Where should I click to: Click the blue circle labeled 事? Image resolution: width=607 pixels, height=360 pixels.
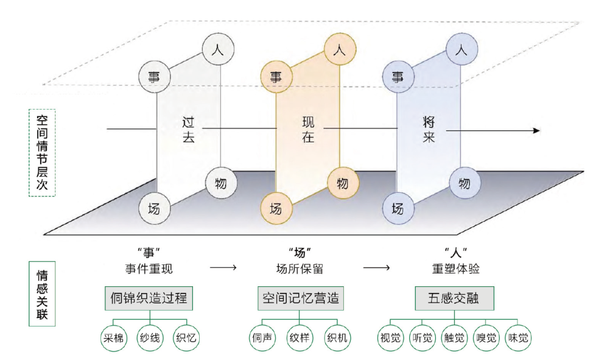click(398, 77)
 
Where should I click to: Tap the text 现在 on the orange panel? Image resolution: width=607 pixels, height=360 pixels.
click(308, 129)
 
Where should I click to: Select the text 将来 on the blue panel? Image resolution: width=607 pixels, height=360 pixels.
click(429, 129)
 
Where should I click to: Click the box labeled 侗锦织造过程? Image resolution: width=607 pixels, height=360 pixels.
click(149, 298)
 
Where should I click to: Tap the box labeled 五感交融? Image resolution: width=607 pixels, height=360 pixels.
click(454, 298)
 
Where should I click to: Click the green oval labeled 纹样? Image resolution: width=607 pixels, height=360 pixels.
click(300, 337)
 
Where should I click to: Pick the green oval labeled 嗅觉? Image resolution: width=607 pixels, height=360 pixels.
click(485, 337)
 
